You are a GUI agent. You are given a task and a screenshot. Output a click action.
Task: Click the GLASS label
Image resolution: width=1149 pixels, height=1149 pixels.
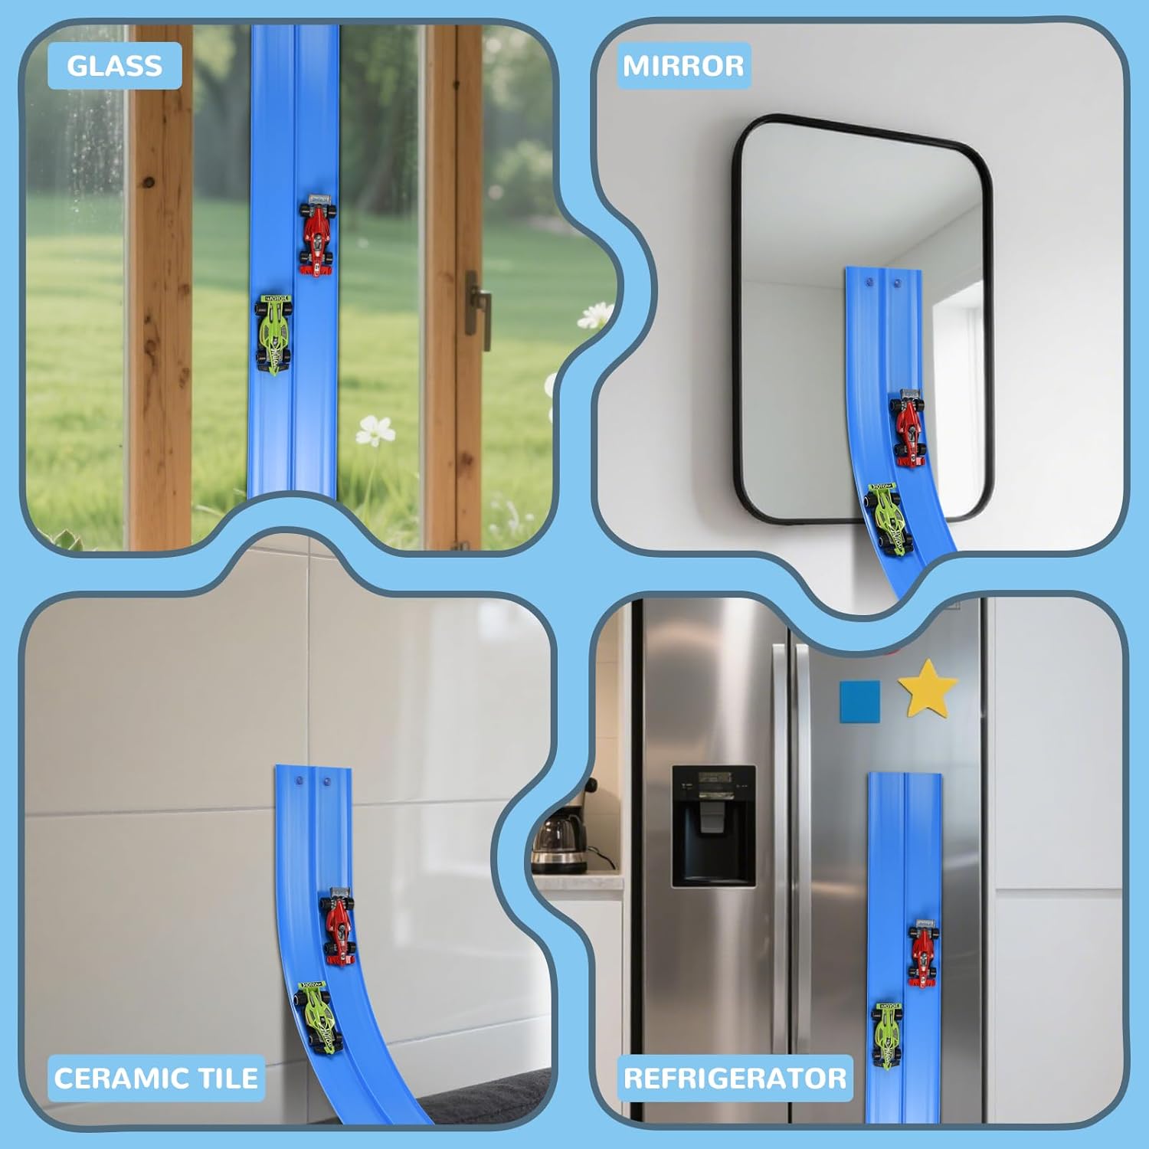pyautogui.click(x=114, y=66)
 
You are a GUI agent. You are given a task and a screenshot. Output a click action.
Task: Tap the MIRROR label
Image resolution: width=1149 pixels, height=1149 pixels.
pyautogui.click(x=683, y=66)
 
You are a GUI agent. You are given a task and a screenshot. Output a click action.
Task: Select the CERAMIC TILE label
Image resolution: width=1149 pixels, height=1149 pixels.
pyautogui.click(x=155, y=1078)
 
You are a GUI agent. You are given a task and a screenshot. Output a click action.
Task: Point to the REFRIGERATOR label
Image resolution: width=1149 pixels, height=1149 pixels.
pyautogui.click(x=735, y=1078)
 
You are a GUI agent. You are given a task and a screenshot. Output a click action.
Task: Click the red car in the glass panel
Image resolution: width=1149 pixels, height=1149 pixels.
pyautogui.click(x=317, y=235)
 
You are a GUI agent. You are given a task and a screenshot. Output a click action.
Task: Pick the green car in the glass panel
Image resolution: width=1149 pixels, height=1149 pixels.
pyautogui.click(x=273, y=334)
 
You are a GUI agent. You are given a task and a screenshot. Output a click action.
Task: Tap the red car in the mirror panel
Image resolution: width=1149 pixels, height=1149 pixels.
pyautogui.click(x=908, y=427)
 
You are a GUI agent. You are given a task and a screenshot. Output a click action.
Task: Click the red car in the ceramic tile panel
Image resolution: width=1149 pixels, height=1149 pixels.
pyautogui.click(x=338, y=925)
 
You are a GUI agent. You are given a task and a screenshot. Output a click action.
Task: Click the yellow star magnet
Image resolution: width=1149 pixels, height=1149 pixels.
pyautogui.click(x=928, y=688)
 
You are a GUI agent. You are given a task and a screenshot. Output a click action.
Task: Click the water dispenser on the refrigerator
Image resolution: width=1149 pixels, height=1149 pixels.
pyautogui.click(x=714, y=826)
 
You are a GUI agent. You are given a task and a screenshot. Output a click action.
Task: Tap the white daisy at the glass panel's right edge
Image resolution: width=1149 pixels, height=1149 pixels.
pyautogui.click(x=595, y=314)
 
